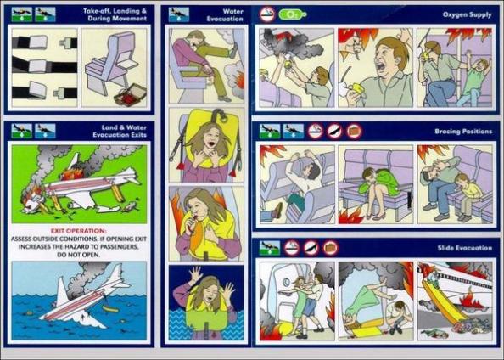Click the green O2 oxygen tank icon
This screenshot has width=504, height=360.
coord(292,14)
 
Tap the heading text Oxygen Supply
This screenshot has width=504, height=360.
coord(467,14)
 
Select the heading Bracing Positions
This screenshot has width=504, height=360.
coord(463,132)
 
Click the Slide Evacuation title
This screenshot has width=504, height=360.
coord(464,248)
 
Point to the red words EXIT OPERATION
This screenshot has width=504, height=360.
coord(78,231)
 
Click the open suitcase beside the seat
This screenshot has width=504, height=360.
coord(130,96)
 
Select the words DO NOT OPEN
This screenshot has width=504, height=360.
coord(79,255)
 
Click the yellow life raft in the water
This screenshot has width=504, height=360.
coord(110,309)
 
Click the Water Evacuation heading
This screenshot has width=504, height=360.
coord(225,15)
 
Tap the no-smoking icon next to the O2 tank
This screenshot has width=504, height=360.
coord(267,14)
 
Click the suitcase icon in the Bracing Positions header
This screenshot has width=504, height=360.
coord(354,132)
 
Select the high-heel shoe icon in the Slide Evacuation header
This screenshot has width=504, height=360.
coord(311,248)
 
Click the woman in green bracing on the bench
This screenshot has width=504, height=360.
coord(378,191)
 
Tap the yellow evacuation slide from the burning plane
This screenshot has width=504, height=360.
coord(441,303)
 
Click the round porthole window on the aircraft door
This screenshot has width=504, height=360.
coord(286,283)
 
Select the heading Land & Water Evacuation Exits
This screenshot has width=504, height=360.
coord(120,132)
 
